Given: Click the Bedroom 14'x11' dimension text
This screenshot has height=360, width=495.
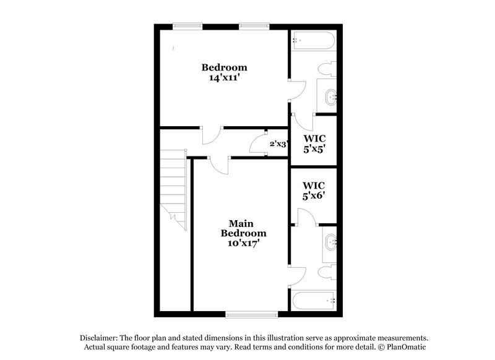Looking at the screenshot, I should [224, 79].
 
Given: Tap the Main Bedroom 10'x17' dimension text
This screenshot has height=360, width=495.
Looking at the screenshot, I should [244, 243].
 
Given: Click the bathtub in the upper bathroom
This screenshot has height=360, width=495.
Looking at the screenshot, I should [314, 41].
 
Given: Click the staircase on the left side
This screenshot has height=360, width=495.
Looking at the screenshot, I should [173, 189].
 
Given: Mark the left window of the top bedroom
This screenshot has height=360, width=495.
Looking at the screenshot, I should [187, 25].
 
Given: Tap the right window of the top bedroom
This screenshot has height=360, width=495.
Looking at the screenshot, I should [254, 25].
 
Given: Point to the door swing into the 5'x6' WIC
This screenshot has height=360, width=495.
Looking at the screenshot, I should [306, 216].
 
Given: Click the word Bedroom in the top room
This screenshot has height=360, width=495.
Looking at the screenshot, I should [224, 67].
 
